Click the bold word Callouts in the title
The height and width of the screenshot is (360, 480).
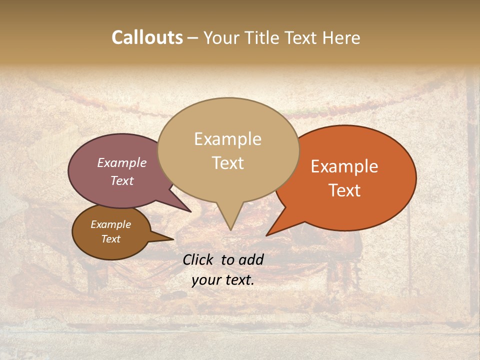click(x=147, y=37)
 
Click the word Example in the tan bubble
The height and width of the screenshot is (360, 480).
click(x=227, y=139)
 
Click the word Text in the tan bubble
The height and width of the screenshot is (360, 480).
click(x=227, y=163)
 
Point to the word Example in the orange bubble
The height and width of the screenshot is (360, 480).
click(x=344, y=166)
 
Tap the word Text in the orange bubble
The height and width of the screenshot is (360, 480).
click(x=345, y=190)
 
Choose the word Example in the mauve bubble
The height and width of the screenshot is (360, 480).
click(x=122, y=162)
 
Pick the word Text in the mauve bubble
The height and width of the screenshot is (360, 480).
click(x=122, y=181)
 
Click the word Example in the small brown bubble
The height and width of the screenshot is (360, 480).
click(x=110, y=224)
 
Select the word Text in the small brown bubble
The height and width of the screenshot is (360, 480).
click(x=110, y=239)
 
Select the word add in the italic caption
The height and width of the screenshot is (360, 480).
click(x=251, y=259)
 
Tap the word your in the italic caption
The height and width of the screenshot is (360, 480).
click(x=206, y=280)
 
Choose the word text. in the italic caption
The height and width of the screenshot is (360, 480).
click(x=239, y=280)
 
